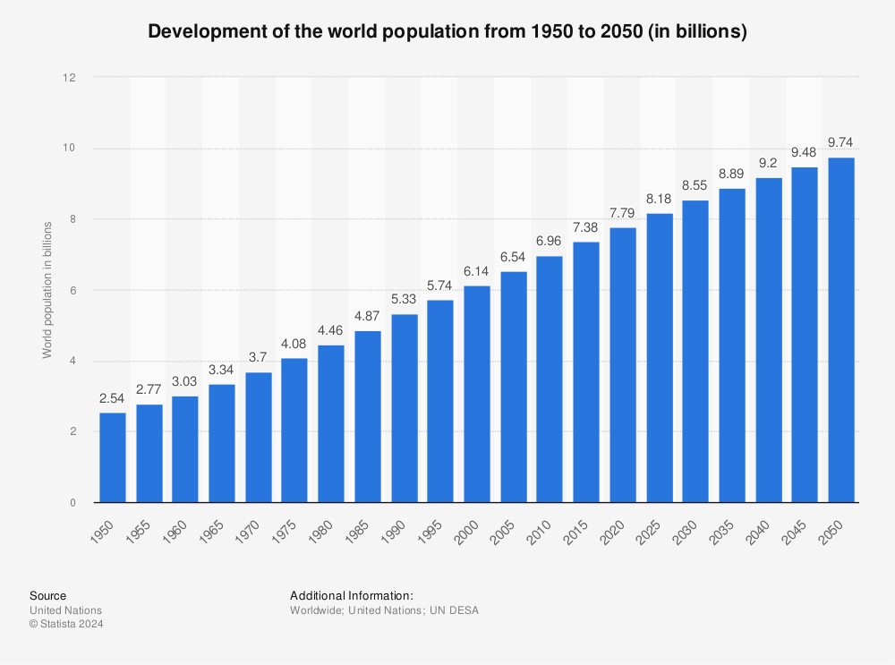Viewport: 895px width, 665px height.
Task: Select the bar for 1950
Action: click(x=113, y=457)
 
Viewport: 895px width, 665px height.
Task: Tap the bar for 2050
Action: click(x=841, y=330)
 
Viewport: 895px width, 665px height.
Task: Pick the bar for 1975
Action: click(x=294, y=431)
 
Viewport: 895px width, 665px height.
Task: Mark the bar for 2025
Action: click(x=660, y=358)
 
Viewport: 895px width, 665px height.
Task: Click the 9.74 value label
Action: click(x=841, y=142)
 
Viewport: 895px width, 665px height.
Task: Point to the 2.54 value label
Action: click(x=113, y=397)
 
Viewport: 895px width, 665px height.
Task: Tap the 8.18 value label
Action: click(x=660, y=198)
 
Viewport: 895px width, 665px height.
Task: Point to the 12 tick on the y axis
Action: click(x=70, y=78)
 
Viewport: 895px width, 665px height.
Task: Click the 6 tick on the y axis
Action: click(x=72, y=290)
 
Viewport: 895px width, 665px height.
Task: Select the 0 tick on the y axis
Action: click(x=72, y=503)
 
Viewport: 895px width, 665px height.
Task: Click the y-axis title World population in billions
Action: click(x=47, y=290)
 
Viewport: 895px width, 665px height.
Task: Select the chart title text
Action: click(x=447, y=31)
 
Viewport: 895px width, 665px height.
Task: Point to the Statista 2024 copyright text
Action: click(x=66, y=625)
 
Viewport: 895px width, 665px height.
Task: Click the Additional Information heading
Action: click(x=351, y=595)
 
